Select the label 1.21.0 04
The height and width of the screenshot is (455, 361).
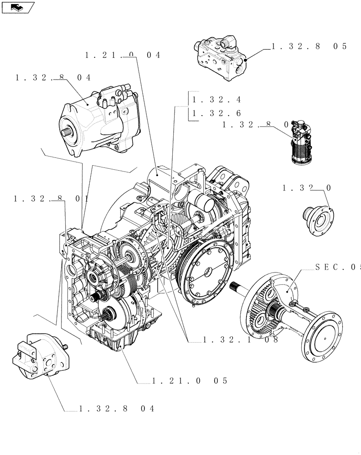tap(123, 55)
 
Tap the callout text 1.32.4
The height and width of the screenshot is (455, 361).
tap(217, 100)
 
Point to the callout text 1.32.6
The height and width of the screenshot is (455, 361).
tap(217, 113)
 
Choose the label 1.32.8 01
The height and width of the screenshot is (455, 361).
tap(51, 198)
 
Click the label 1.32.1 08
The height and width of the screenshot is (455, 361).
tap(241, 339)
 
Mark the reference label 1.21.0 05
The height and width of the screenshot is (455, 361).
tap(189, 380)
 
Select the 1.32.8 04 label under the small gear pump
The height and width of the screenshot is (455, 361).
tap(117, 409)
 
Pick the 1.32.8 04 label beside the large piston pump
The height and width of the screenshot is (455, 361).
tap(53, 78)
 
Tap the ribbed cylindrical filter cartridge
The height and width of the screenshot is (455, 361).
tap(300, 146)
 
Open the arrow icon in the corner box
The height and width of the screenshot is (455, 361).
tap(17, 7)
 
